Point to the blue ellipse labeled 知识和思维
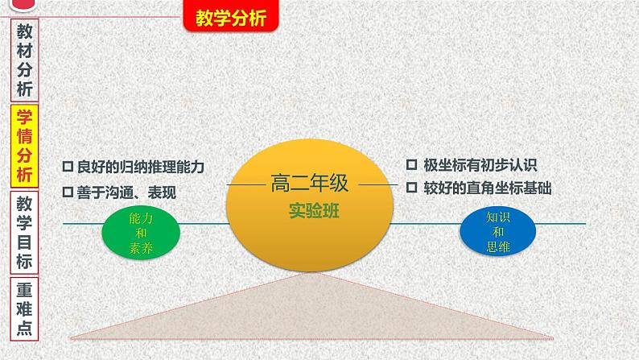coord(498,231)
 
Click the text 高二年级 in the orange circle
coord(309,184)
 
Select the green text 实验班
coord(309,212)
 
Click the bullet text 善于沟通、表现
coord(126,192)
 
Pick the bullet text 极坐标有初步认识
coord(480,165)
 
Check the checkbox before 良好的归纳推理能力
coord(68,168)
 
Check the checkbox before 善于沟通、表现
coord(68,192)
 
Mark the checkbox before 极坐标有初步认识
coord(411,165)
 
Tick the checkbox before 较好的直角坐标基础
coord(411,188)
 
